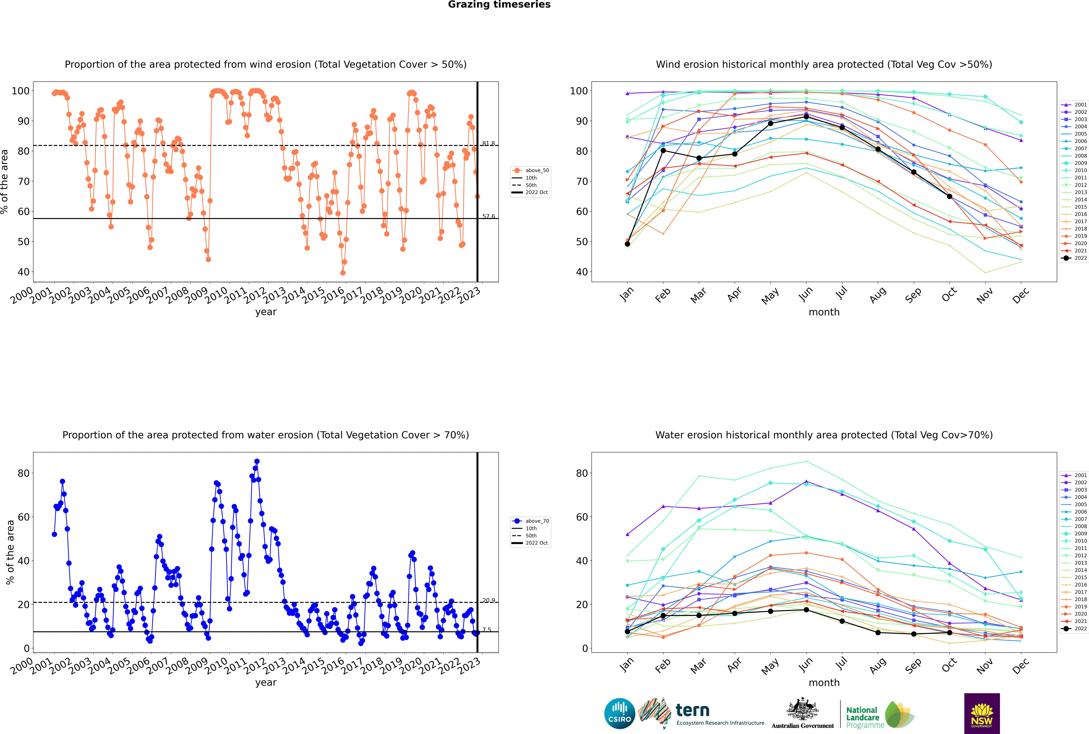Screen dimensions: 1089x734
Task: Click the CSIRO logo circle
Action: click(x=619, y=713)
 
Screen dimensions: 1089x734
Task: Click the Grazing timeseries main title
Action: click(x=499, y=5)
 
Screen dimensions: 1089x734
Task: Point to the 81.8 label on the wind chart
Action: click(x=488, y=143)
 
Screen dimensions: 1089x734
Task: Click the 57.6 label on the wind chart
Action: click(x=488, y=216)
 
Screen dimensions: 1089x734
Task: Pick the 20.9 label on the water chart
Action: click(x=488, y=600)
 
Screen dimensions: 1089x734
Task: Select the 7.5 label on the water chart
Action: click(x=487, y=630)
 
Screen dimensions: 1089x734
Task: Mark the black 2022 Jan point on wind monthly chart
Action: click(x=627, y=244)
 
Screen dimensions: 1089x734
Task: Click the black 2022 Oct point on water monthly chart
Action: click(x=949, y=632)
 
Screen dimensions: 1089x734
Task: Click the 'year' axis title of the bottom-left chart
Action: click(x=266, y=683)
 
